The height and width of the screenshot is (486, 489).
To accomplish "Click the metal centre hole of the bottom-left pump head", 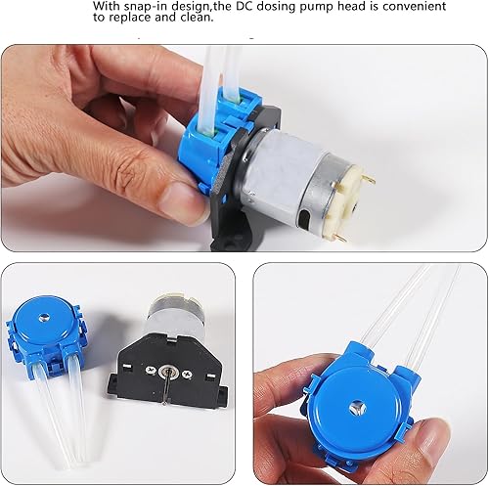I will tap(56, 329).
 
